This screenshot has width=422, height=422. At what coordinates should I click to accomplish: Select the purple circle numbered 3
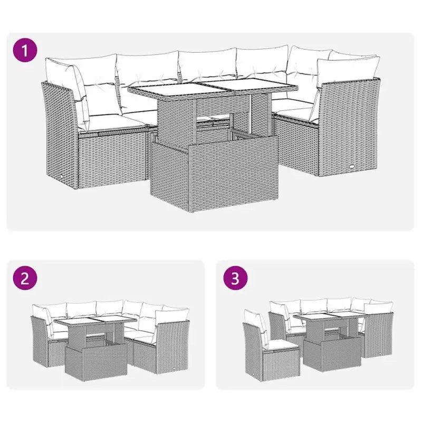pos(235,279)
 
